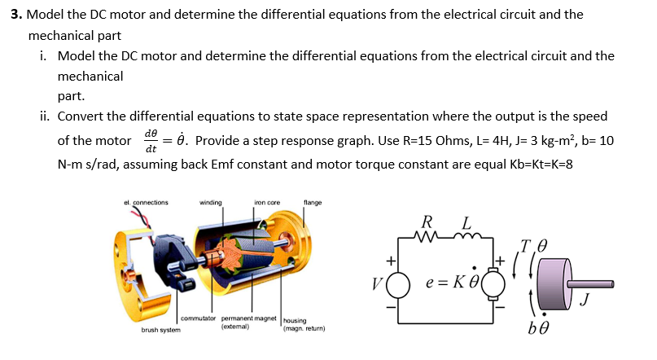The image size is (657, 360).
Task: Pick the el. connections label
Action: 147,202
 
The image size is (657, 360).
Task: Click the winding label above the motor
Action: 211,202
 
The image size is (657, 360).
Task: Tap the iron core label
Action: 267,202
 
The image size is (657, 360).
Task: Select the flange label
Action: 313,202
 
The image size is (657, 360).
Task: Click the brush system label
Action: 161,330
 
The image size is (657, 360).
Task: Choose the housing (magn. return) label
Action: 304,325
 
